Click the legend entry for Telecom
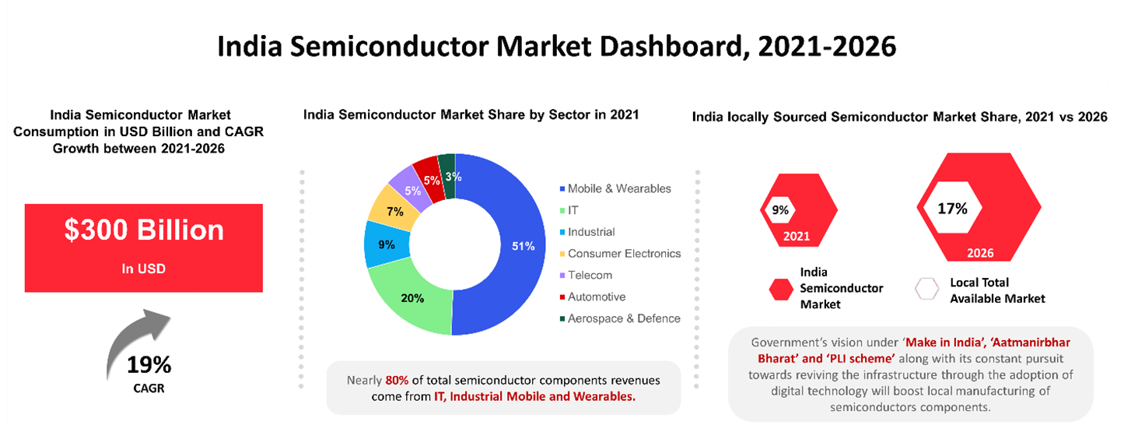(x=590, y=275)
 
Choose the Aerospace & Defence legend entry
(x=624, y=318)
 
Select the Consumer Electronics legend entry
(x=624, y=253)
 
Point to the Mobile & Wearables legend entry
(x=619, y=188)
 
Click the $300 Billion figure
(x=144, y=230)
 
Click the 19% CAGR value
(x=149, y=364)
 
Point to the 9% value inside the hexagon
(x=780, y=209)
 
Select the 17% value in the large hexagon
(x=952, y=209)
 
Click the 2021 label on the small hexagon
(x=797, y=236)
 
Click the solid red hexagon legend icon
(x=780, y=289)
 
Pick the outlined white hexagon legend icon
(x=926, y=289)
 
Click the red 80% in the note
(x=397, y=381)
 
